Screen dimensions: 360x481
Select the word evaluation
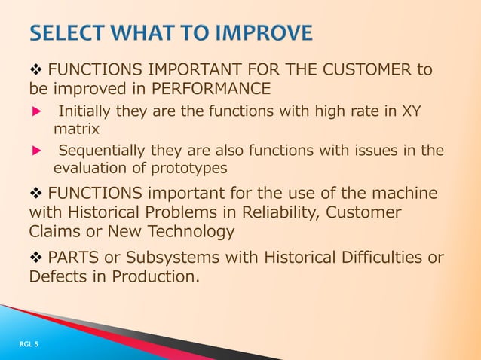point(91,167)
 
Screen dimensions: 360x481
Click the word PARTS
point(73,258)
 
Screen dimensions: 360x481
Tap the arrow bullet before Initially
point(33,112)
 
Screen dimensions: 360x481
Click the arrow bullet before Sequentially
point(33,150)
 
